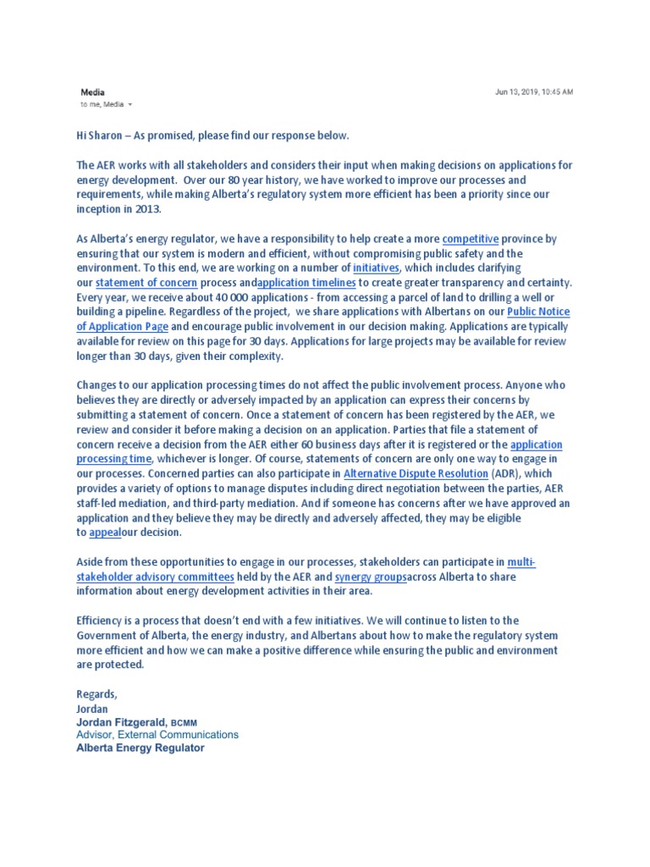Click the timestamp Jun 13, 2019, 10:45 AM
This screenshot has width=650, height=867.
(533, 91)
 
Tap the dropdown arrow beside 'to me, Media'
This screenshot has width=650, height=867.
(130, 105)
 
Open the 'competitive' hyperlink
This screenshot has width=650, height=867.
(471, 240)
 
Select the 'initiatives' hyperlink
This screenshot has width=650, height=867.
(376, 268)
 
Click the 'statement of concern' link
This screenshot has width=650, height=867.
(146, 283)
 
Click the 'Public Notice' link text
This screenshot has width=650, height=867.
(538, 312)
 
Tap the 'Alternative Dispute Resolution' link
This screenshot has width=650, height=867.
(416, 473)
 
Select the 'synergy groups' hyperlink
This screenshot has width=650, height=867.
(371, 577)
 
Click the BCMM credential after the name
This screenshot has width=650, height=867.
(185, 722)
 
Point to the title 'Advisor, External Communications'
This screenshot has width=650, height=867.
(157, 735)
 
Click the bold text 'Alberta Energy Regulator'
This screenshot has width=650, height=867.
(140, 748)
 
